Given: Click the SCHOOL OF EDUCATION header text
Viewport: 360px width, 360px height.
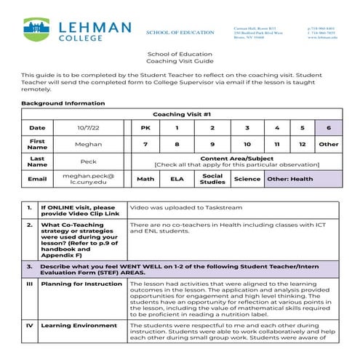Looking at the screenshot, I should point(180,33).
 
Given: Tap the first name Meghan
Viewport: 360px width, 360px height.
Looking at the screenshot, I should point(88,144).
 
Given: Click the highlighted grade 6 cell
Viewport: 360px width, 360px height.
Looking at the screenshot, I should point(328,127).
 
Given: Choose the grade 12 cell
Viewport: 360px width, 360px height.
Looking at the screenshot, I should point(302,144).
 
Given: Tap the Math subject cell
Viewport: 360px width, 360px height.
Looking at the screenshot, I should point(145,179).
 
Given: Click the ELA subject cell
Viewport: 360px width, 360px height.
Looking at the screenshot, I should point(176,179).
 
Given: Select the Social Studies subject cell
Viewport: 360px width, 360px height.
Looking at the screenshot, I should point(212,179).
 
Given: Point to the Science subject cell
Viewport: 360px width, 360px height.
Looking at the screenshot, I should point(247,179).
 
